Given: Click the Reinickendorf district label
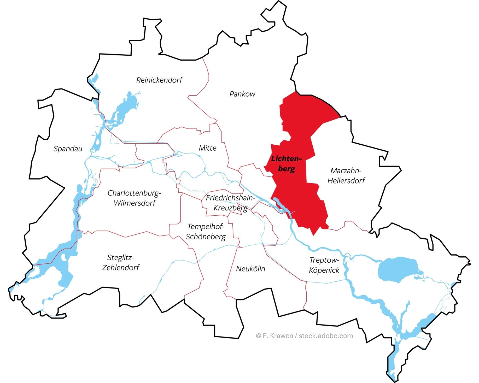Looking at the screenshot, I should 159,80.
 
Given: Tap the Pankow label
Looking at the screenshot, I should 242,94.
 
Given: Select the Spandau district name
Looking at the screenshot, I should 68,149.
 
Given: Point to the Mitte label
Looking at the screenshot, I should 208,148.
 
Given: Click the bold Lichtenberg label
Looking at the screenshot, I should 286,164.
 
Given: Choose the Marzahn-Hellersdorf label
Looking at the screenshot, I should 346,175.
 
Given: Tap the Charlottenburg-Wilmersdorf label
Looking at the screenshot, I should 134,198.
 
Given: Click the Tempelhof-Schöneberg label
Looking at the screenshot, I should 206,232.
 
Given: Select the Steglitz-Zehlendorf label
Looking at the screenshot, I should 121,262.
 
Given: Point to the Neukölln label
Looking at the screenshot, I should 250,269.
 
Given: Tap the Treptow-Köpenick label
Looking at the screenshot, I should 324,265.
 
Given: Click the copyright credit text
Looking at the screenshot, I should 305,336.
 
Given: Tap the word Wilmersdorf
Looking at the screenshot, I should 135,203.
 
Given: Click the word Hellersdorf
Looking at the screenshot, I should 346,181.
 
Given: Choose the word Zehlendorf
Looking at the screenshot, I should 121,268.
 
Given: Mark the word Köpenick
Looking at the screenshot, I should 324,270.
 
